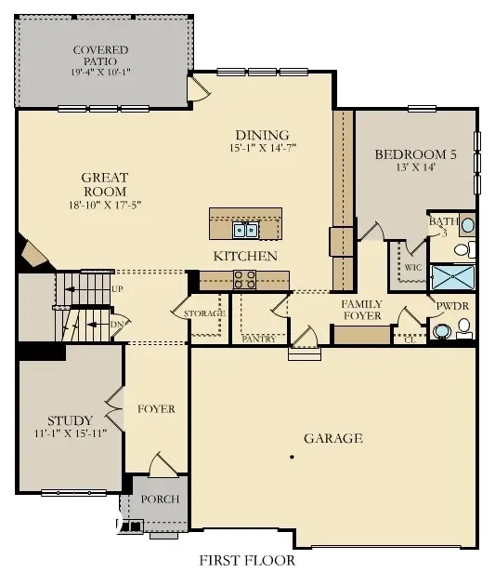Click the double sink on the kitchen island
click(x=245, y=229)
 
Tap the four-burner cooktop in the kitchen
click(x=244, y=276)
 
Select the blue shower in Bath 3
click(x=453, y=277)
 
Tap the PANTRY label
click(x=259, y=340)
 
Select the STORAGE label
click(x=204, y=313)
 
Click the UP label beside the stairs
click(x=118, y=289)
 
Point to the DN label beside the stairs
click(x=117, y=324)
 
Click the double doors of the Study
click(x=115, y=406)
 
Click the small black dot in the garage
click(x=292, y=457)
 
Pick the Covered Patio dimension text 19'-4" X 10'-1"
click(x=101, y=71)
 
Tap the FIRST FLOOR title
click(x=247, y=561)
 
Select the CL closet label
click(x=409, y=340)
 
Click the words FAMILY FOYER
click(x=362, y=311)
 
